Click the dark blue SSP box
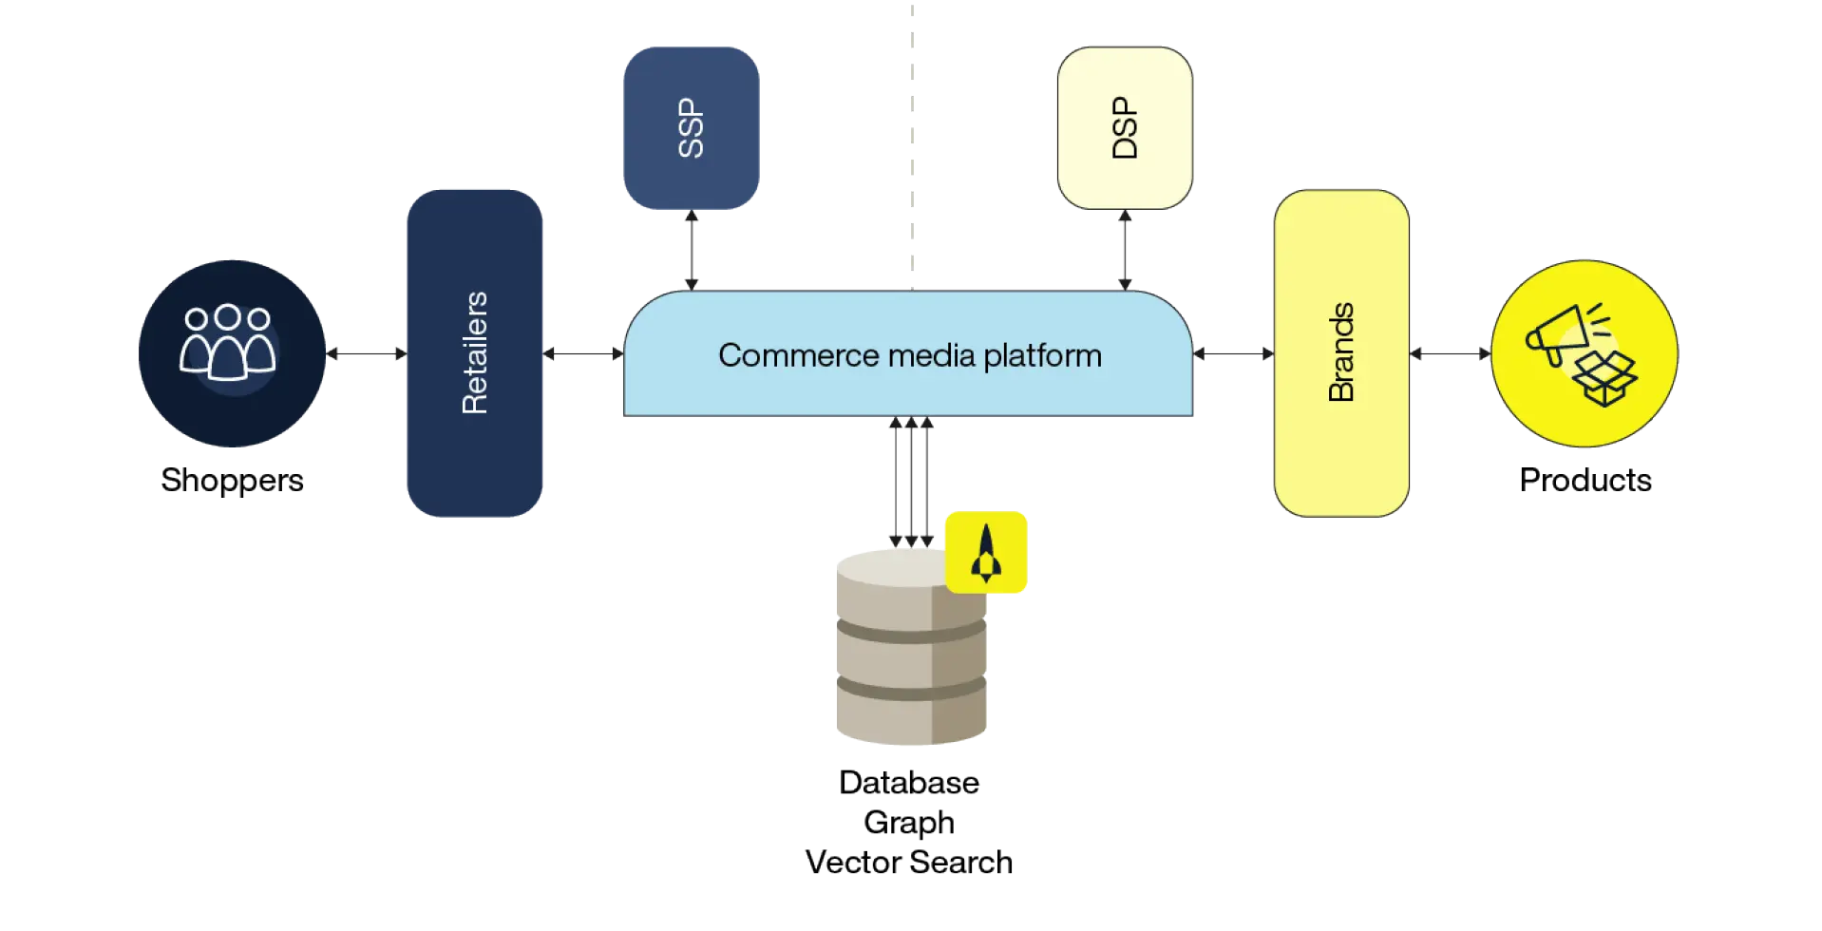(x=691, y=128)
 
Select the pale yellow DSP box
(x=1124, y=128)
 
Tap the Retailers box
(x=474, y=353)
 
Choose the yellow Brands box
(x=1340, y=353)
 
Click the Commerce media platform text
(x=909, y=355)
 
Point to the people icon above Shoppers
(x=228, y=342)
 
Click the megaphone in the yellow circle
(x=1558, y=332)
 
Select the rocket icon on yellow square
(x=986, y=553)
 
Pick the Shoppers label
(x=232, y=480)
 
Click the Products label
(x=1585, y=480)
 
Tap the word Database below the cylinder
(x=908, y=783)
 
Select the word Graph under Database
(x=908, y=822)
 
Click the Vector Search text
(x=908, y=862)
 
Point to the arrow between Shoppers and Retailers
(x=366, y=354)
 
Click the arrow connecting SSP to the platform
(x=691, y=249)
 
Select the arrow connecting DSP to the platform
(x=1125, y=249)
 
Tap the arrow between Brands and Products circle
(x=1450, y=354)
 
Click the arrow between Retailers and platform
(x=583, y=354)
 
